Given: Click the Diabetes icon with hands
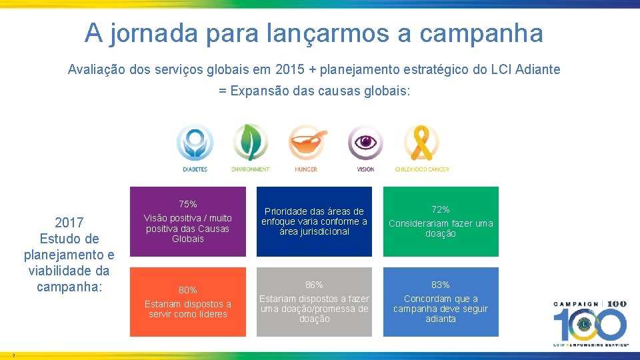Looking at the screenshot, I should pyautogui.click(x=195, y=143).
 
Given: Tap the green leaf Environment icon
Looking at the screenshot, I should pyautogui.click(x=250, y=143).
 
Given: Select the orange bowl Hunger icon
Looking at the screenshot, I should pyautogui.click(x=307, y=143).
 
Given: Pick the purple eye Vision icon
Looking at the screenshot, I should pyautogui.click(x=365, y=143).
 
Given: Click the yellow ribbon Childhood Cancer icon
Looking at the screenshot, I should pyautogui.click(x=421, y=143).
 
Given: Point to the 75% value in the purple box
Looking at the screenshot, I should pyautogui.click(x=187, y=204).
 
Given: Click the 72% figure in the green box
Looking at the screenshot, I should pyautogui.click(x=441, y=209).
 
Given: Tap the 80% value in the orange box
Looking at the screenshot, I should pyautogui.click(x=187, y=290).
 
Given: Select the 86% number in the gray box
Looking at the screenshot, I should pyautogui.click(x=314, y=285).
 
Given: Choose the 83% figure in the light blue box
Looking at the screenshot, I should pyautogui.click(x=441, y=285).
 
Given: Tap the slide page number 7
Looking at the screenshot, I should pyautogui.click(x=13, y=355).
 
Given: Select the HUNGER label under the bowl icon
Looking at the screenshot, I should pyautogui.click(x=306, y=169).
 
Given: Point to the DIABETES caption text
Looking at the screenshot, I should pyautogui.click(x=195, y=169).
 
